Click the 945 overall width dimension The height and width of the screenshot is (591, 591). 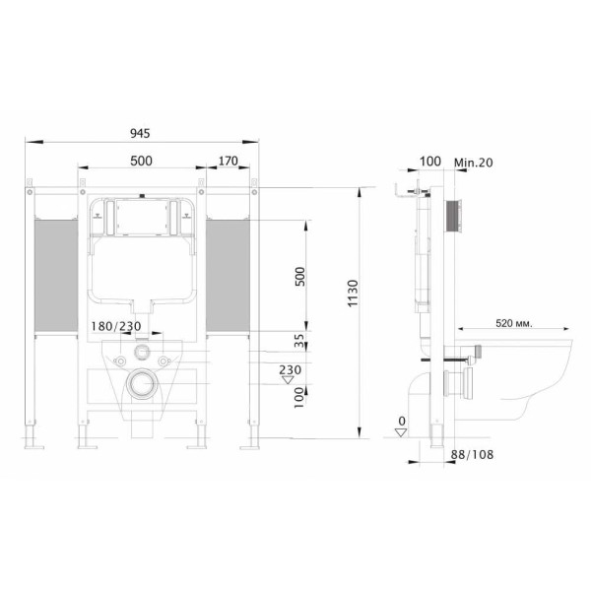(x=140, y=133)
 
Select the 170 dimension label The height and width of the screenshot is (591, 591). (x=229, y=161)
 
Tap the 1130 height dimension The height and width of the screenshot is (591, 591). (x=353, y=294)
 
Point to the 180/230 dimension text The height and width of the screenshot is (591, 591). (x=116, y=326)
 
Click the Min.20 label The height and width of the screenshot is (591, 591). (x=474, y=163)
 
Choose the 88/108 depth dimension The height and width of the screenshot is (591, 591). (x=472, y=454)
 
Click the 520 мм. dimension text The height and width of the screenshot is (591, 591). (x=514, y=323)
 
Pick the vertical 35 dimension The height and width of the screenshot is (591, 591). (x=298, y=341)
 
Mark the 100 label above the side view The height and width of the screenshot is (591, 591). (x=430, y=162)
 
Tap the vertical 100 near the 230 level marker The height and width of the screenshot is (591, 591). (x=298, y=398)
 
